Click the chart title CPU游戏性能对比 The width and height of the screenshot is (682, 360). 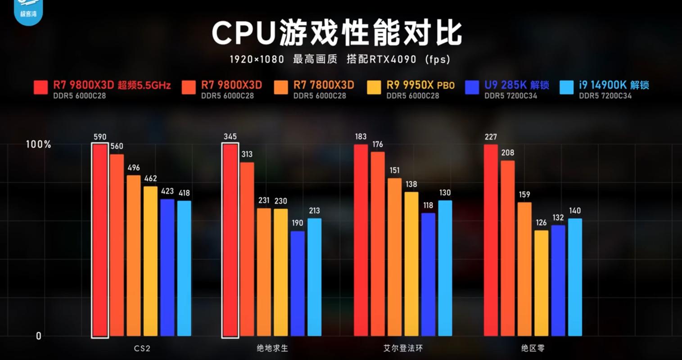337,33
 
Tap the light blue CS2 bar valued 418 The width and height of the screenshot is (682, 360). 184,268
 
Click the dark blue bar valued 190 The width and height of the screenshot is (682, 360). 298,283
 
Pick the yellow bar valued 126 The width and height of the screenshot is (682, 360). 541,283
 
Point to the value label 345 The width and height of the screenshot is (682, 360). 230,136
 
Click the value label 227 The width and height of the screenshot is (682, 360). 491,137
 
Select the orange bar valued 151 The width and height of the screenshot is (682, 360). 395,257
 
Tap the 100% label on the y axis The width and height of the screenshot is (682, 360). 38,144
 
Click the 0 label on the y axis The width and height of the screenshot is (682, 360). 38,336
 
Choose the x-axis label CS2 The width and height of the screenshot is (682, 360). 142,348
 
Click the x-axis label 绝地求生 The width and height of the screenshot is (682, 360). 272,348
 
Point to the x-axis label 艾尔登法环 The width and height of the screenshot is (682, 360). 403,348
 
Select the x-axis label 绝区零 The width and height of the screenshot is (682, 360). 533,348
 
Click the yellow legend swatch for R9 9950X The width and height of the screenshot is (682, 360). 374,88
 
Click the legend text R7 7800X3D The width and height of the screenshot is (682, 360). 324,85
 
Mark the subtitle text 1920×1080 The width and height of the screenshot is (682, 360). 257,59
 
